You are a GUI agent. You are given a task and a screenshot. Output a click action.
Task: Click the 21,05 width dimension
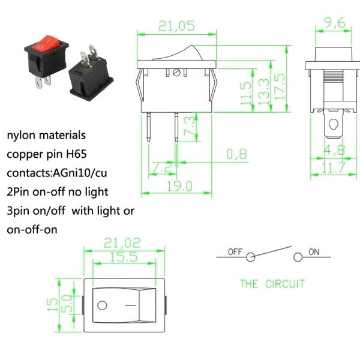coord(176,25)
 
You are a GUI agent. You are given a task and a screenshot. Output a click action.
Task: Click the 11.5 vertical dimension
coord(245,94)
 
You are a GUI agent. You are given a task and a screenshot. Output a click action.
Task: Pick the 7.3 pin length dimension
coord(189,128)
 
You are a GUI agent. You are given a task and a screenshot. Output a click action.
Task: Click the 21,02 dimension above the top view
coord(122,243)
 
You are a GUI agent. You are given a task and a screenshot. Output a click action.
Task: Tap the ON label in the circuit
coord(314,252)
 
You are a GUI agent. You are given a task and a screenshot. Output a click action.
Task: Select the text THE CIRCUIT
coord(272,284)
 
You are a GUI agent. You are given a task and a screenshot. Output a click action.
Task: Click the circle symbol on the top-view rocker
coord(103,305)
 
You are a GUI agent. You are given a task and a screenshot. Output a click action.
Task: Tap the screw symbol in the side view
coord(176,73)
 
